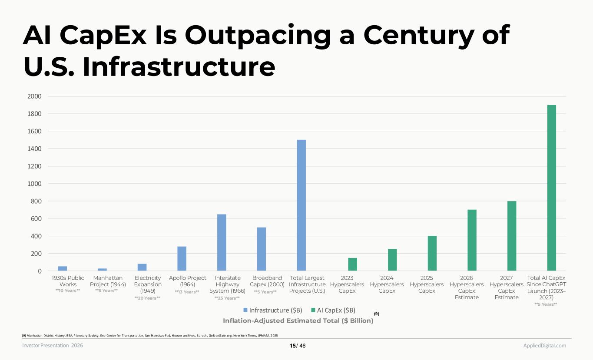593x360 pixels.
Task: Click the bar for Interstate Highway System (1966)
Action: coord(222,242)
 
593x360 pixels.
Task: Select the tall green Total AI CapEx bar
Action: coord(551,188)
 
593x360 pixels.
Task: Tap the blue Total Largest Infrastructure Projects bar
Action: coord(301,205)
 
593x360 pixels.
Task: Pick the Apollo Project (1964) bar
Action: coord(182,258)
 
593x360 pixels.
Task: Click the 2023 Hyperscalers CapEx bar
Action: coord(352,264)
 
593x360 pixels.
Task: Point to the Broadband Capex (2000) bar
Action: coord(261,249)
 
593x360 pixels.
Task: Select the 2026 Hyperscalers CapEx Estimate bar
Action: coord(472,240)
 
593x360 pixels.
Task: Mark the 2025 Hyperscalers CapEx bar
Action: coord(432,253)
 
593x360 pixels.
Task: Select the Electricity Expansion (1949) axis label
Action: coord(148,284)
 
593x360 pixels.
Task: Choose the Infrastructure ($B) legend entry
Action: coord(272,310)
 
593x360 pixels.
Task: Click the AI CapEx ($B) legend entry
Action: coord(333,310)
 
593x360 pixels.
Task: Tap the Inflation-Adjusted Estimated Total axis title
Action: coord(298,320)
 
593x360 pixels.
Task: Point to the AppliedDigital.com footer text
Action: coord(544,345)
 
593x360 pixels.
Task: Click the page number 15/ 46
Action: coord(298,346)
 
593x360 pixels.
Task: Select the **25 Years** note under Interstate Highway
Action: coord(227,298)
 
